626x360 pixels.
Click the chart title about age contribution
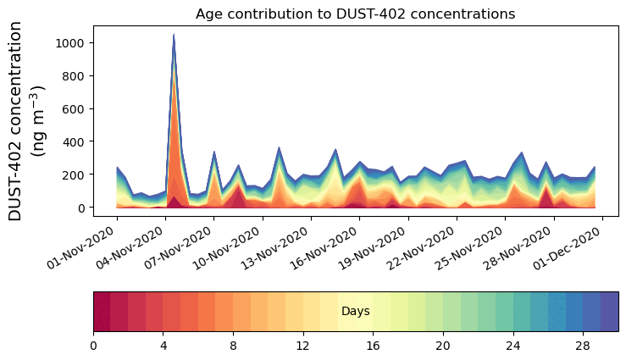coord(355,14)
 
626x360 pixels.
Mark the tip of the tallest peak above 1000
coord(174,35)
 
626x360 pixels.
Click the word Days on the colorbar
coord(355,312)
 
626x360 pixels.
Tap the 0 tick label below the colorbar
coord(93,346)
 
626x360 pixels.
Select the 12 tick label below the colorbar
coord(303,346)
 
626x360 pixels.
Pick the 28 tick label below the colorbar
coord(583,346)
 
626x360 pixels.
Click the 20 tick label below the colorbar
coord(443,346)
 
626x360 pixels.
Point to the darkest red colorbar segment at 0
coord(102,312)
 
